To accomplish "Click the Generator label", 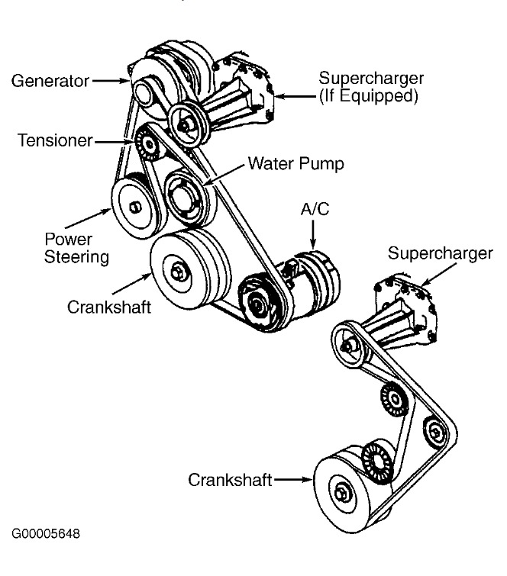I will [48, 79].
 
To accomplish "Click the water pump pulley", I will [183, 196].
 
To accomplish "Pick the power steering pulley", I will [134, 206].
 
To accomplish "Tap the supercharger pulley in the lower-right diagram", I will [348, 343].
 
